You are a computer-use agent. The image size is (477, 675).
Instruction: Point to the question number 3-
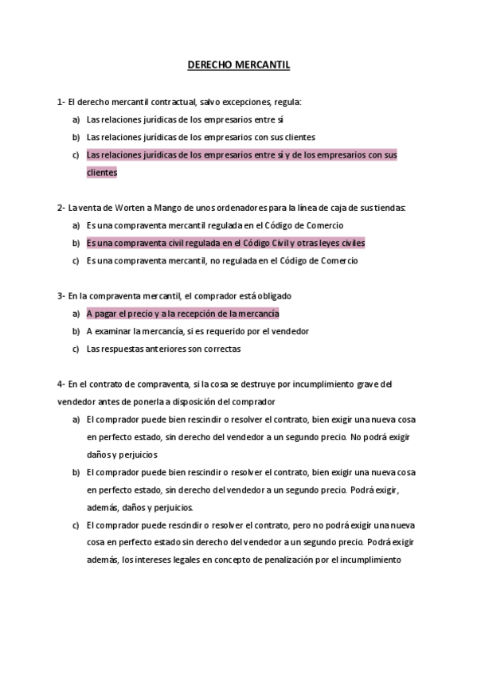[x=61, y=295]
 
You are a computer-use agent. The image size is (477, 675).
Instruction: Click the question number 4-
[x=61, y=384]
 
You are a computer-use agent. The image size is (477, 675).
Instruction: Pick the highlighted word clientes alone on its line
[x=101, y=172]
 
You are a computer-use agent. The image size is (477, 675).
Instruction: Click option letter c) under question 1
[x=76, y=155]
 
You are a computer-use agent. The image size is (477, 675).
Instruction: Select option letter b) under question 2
[x=76, y=243]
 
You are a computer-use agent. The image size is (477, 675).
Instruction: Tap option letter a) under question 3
[x=76, y=314]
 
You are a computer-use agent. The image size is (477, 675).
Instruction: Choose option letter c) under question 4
[x=76, y=525]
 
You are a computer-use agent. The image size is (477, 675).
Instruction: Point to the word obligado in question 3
[x=273, y=295]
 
